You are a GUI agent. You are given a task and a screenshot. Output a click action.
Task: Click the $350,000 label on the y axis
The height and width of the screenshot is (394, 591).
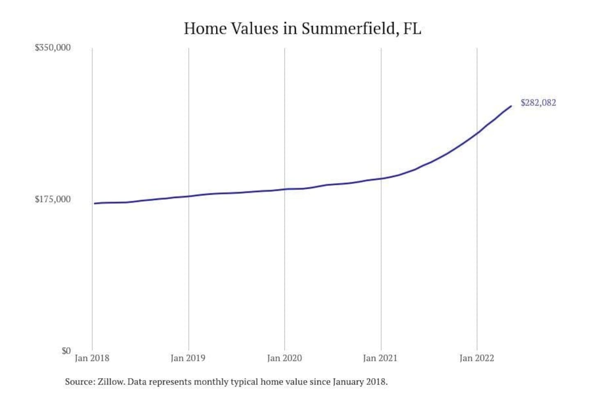tap(53, 48)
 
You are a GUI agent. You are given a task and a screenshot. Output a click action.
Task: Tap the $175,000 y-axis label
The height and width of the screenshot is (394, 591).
tap(53, 199)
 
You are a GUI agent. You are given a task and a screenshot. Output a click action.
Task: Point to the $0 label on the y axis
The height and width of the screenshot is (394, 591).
tap(66, 351)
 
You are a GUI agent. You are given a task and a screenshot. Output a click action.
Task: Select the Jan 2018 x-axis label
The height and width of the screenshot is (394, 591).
tap(92, 358)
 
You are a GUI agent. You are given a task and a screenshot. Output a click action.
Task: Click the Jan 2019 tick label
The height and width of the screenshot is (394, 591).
tap(188, 358)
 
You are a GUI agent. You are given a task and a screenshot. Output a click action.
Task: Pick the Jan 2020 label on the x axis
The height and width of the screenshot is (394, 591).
tap(284, 358)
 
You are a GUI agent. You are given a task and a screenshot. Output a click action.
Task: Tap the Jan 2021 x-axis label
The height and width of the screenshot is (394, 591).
tap(380, 358)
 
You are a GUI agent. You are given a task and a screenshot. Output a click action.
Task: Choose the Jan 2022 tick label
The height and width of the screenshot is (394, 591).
tap(476, 358)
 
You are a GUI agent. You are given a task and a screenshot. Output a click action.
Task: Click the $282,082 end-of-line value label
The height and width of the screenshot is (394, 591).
tap(538, 103)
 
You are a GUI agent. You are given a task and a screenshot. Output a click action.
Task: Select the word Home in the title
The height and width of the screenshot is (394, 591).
tap(205, 29)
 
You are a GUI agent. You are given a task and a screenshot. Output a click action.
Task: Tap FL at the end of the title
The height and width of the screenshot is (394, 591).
tap(412, 29)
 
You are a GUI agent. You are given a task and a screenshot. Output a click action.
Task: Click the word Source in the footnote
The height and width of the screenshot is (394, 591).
tap(79, 382)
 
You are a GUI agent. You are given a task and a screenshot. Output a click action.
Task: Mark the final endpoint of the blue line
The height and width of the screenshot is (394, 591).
tap(511, 106)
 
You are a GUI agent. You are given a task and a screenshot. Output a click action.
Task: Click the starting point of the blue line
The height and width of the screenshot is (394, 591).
tap(94, 204)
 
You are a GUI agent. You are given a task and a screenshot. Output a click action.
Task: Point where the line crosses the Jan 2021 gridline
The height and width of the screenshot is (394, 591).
tap(381, 179)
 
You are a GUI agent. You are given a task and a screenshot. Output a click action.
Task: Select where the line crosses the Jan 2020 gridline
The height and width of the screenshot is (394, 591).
tap(284, 189)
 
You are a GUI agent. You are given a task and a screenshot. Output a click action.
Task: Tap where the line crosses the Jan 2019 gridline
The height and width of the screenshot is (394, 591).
tap(189, 196)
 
